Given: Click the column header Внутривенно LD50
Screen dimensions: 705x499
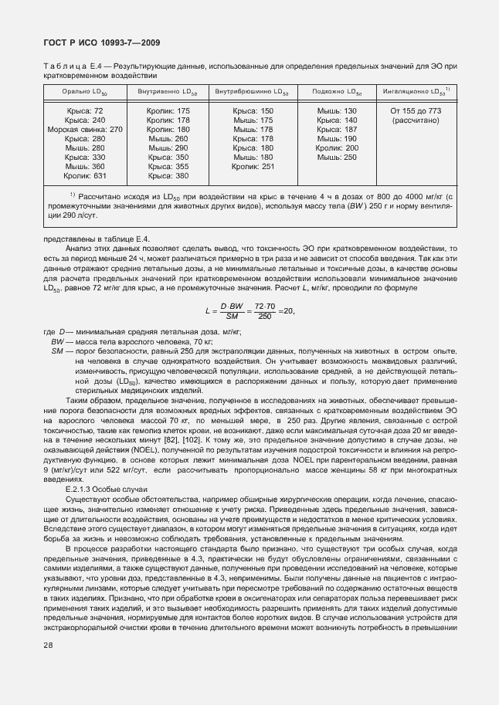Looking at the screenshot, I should [168, 92].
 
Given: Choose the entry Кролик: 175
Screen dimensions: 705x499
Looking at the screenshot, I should [168, 111].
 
